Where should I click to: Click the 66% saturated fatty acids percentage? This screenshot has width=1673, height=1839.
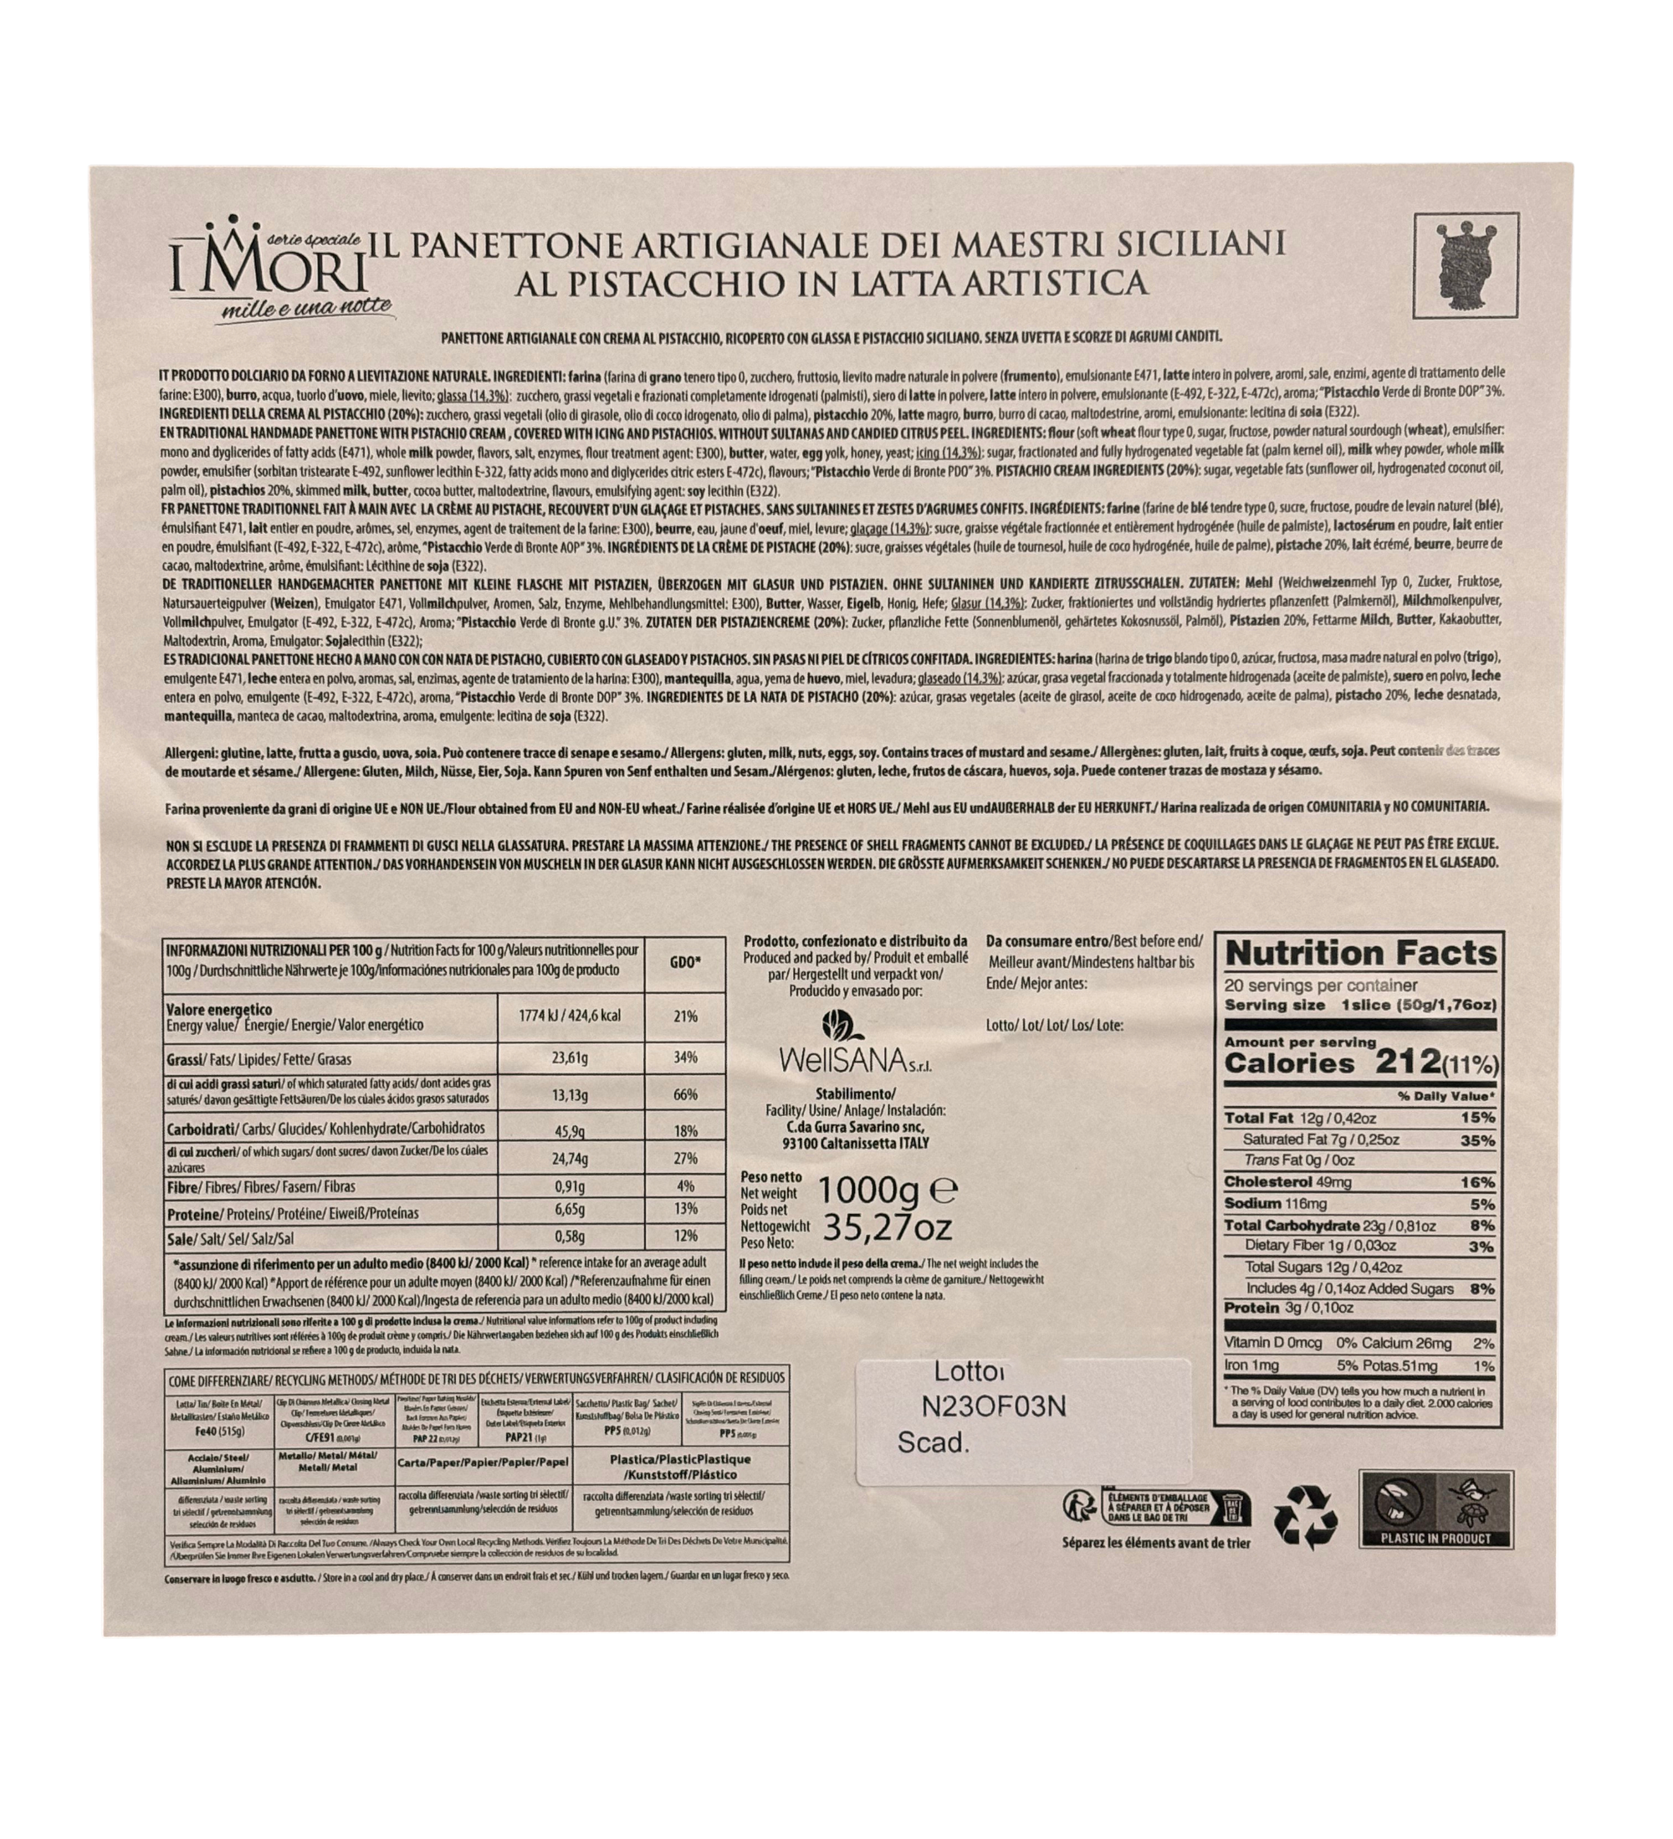685,1094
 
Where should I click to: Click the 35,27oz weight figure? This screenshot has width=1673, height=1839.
887,1228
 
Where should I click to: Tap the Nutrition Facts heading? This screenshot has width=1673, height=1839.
1361,953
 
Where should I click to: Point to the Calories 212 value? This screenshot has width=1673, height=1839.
1359,1063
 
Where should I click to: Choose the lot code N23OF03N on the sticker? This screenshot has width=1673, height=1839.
994,1406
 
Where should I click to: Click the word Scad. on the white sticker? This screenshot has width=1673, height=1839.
931,1442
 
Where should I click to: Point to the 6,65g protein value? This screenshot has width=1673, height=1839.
570,1210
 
